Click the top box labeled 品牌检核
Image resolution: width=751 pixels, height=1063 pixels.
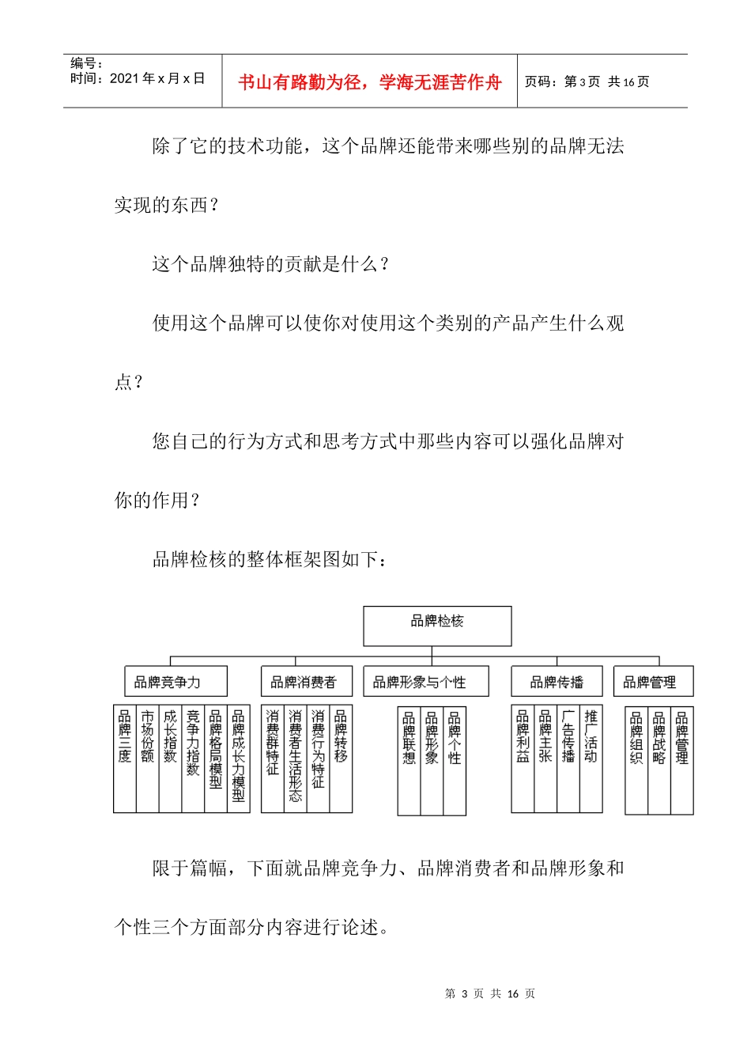pos(437,626)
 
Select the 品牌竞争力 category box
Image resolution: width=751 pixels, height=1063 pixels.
pos(175,681)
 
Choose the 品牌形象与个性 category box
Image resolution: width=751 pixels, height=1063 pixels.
pos(425,681)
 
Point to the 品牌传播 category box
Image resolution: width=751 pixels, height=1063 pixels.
pos(557,681)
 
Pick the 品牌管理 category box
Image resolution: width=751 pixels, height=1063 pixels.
pos(654,681)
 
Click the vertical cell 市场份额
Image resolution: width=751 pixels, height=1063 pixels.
pos(148,758)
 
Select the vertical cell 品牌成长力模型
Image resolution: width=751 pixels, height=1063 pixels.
pos(239,758)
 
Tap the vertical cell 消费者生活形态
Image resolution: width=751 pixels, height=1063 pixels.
pos(295,758)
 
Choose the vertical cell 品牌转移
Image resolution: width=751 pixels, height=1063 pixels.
pos(341,758)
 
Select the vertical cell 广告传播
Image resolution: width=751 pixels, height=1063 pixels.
pos(568,758)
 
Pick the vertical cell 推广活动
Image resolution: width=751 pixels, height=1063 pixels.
pos(591,758)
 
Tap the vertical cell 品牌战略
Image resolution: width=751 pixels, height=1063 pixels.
pos(659,758)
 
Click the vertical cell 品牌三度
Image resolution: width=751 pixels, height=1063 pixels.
pos(125,758)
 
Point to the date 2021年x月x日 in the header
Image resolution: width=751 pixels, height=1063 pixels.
pos(157,78)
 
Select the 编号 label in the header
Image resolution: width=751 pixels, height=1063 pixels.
pos(86,63)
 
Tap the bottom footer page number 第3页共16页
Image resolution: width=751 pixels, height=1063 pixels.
pos(490,993)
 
